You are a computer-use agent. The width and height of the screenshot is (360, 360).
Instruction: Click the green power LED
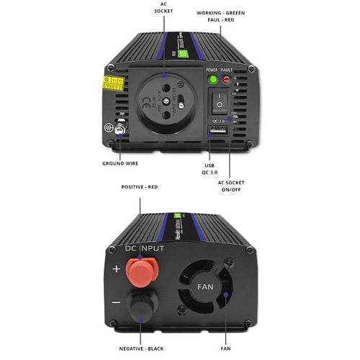[213, 79]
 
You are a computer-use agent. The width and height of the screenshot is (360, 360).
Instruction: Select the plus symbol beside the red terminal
[116, 270]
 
